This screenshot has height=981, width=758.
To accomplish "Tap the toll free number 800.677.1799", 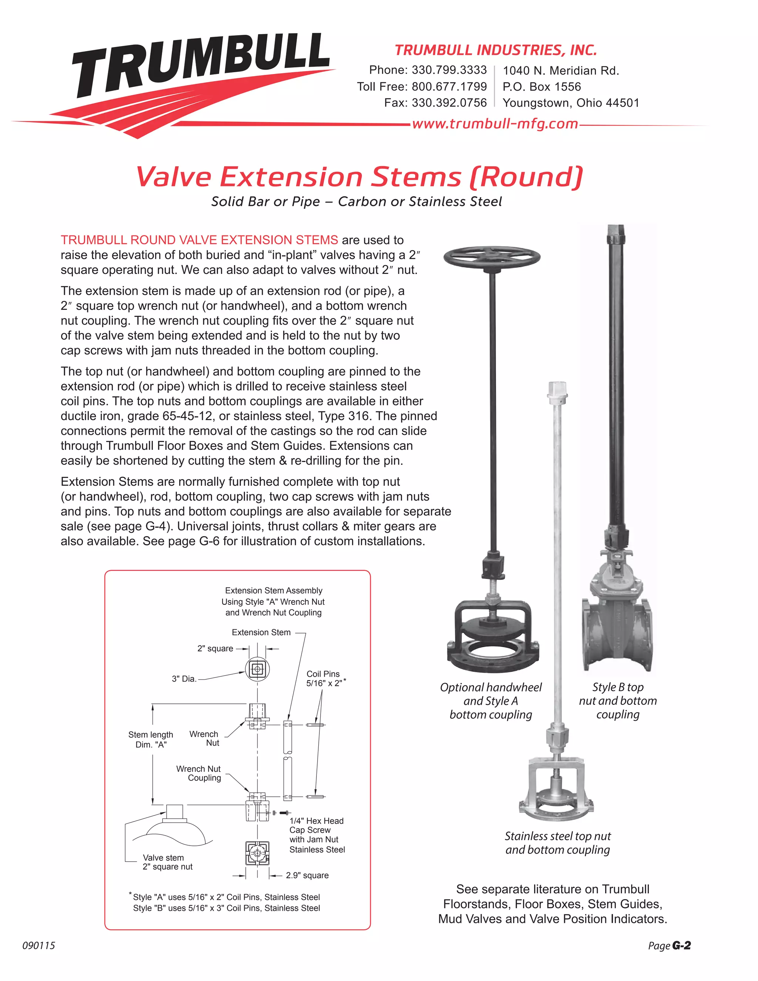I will (x=449, y=87).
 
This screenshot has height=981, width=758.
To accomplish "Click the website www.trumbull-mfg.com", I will (x=494, y=124).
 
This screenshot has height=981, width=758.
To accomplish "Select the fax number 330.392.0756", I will (x=449, y=103).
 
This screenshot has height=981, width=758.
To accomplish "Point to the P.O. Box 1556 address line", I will (x=541, y=87).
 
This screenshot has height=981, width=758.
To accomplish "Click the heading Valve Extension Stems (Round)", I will (x=359, y=177).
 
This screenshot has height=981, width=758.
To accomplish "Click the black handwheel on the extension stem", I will (x=492, y=258).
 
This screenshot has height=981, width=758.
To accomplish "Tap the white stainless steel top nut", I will (x=557, y=389).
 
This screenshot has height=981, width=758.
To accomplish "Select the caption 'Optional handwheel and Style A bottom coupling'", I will (x=490, y=701).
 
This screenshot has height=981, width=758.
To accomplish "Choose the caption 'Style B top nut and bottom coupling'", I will (x=617, y=701).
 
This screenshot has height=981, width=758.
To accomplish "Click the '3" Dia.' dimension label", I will (x=184, y=679).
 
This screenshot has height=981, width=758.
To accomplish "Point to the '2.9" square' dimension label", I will (x=307, y=875).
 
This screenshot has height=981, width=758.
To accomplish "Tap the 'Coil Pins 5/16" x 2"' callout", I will (x=324, y=679).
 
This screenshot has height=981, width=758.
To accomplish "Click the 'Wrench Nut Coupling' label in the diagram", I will (x=198, y=773).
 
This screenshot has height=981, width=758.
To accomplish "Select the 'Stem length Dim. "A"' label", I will (x=150, y=739).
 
